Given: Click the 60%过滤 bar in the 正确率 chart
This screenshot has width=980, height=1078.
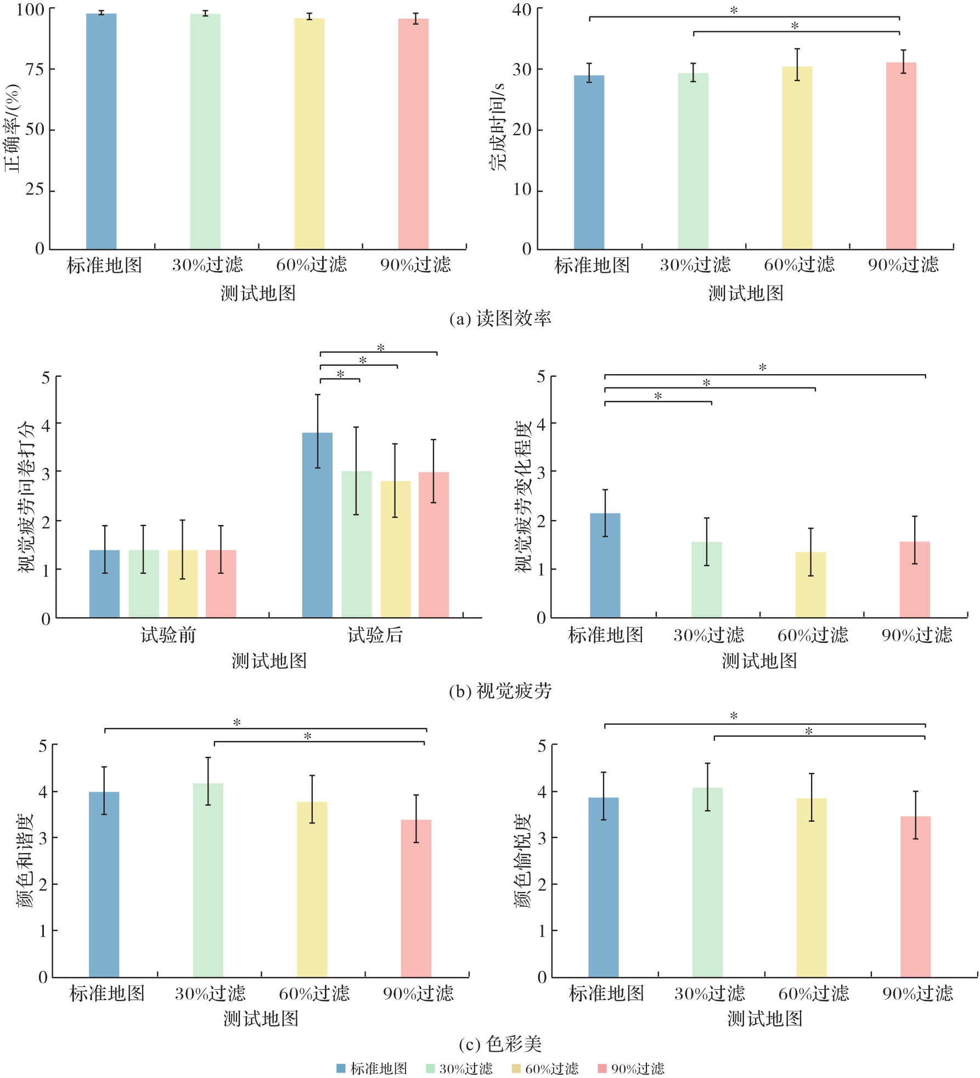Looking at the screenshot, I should pos(309,134).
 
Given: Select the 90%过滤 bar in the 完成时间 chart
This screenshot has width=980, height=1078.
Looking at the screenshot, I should pos(901,156).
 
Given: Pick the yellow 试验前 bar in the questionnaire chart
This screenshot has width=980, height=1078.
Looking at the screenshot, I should pos(182,584).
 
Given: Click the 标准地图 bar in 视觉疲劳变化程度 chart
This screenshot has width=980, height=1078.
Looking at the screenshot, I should pos(605,565).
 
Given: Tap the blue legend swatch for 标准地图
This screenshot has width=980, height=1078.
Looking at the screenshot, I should pos(341,1069).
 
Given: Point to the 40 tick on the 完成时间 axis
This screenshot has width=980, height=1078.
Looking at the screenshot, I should pos(522,9).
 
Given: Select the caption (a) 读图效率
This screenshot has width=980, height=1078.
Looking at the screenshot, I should pos(500,319).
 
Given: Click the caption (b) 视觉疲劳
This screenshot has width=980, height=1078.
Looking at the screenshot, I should pos(500,691).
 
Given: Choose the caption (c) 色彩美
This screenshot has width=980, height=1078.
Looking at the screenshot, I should pos(500,1043).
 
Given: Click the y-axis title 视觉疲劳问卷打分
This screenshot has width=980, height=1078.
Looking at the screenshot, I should pos(26,496).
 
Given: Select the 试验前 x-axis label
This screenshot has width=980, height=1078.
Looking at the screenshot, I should pos(168,635).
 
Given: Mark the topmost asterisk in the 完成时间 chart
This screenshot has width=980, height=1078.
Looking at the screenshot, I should pos(734,10).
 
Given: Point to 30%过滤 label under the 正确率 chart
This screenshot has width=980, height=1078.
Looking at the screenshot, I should pos(207,265).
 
